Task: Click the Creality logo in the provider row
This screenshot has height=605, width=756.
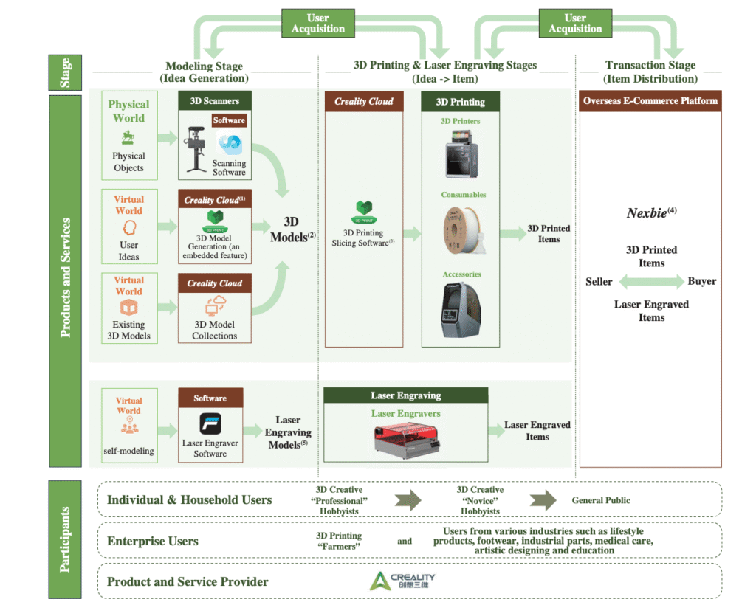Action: (402, 581)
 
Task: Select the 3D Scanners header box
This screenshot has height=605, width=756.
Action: (215, 100)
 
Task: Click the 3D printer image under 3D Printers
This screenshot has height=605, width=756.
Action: (461, 154)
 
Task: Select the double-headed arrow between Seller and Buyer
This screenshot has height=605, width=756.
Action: (651, 281)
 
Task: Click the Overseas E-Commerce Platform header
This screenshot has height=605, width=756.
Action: (650, 101)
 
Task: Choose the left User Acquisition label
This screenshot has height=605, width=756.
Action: (317, 24)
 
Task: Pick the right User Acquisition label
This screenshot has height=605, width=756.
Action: (575, 24)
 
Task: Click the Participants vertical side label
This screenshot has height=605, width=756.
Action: (66, 538)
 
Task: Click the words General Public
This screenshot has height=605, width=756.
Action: (601, 500)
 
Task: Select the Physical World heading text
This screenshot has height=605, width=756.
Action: (129, 111)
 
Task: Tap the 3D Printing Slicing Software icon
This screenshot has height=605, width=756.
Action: (362, 210)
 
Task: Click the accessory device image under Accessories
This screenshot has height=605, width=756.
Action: (461, 309)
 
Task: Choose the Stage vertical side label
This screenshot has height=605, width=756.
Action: (66, 72)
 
